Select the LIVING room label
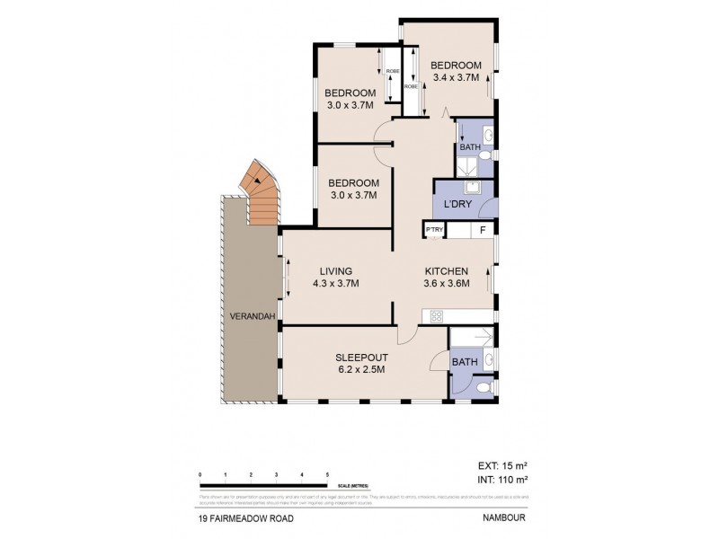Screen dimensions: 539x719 coord(335,271)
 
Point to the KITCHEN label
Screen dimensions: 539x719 coord(446,271)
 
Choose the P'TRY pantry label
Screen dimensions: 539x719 coord(434,231)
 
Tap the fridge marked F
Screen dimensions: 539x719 coord(483,231)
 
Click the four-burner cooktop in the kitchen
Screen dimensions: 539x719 coord(438,316)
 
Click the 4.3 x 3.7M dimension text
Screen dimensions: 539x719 coord(335,284)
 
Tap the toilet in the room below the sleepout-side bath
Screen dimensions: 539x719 coord(484,388)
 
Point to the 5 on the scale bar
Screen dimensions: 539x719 coord(328,473)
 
